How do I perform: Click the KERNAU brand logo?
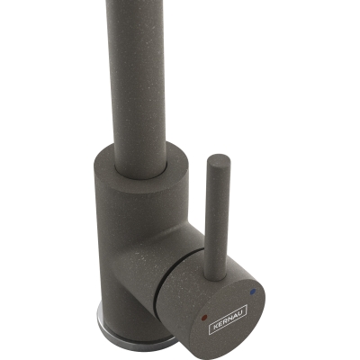pyautogui.click(x=228, y=319)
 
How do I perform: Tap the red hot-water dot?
pyautogui.click(x=205, y=317)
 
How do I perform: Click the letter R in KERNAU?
pyautogui.click(x=226, y=320)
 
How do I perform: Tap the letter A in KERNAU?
pyautogui.click(x=236, y=314)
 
